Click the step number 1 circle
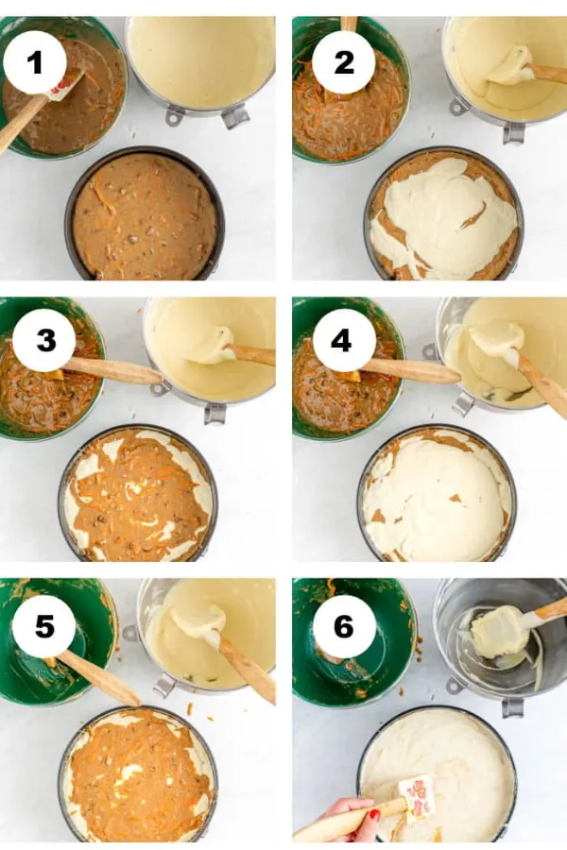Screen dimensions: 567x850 click(x=35, y=62)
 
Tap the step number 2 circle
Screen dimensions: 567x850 click(x=343, y=62)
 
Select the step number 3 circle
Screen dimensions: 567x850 click(x=45, y=341)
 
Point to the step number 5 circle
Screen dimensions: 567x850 click(x=44, y=627)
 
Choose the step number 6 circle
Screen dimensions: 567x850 click(x=343, y=627)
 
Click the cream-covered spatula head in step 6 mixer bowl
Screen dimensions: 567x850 click(x=499, y=632)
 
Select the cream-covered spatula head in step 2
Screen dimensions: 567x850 click(x=510, y=66)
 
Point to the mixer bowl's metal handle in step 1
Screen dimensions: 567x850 click(x=235, y=116)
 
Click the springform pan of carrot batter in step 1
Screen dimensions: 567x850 click(x=145, y=213)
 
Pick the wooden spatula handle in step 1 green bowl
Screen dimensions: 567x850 click(x=23, y=123)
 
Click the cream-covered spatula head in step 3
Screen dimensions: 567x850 click(x=214, y=347)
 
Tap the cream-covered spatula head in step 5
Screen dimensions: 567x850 click(x=198, y=620)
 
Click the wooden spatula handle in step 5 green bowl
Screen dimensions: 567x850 click(x=97, y=677)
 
